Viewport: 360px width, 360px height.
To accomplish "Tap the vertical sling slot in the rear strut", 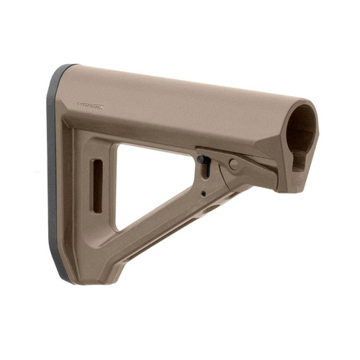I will (96, 186).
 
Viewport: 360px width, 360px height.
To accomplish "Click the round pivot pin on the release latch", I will (233, 164).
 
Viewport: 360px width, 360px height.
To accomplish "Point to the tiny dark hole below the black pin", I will (204, 192).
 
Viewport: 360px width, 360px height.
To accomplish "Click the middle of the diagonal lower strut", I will (166, 230).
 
